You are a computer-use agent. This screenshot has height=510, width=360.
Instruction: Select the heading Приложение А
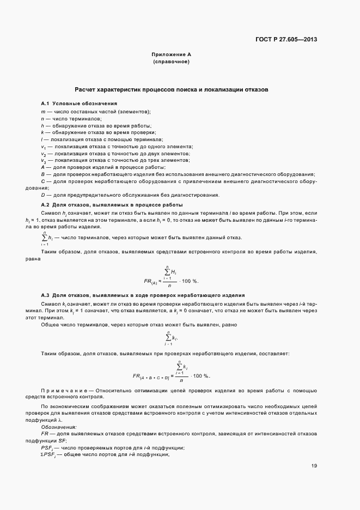coord(171,55)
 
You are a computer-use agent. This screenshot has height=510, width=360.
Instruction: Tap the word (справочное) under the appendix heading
coord(171,62)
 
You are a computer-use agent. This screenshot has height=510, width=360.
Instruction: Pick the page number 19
coord(314,466)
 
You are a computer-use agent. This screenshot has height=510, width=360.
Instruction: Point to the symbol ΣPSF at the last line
coord(51,454)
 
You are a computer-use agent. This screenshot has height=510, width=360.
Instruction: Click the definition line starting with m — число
coord(96,111)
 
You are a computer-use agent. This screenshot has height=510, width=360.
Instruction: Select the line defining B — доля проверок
coord(176,174)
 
